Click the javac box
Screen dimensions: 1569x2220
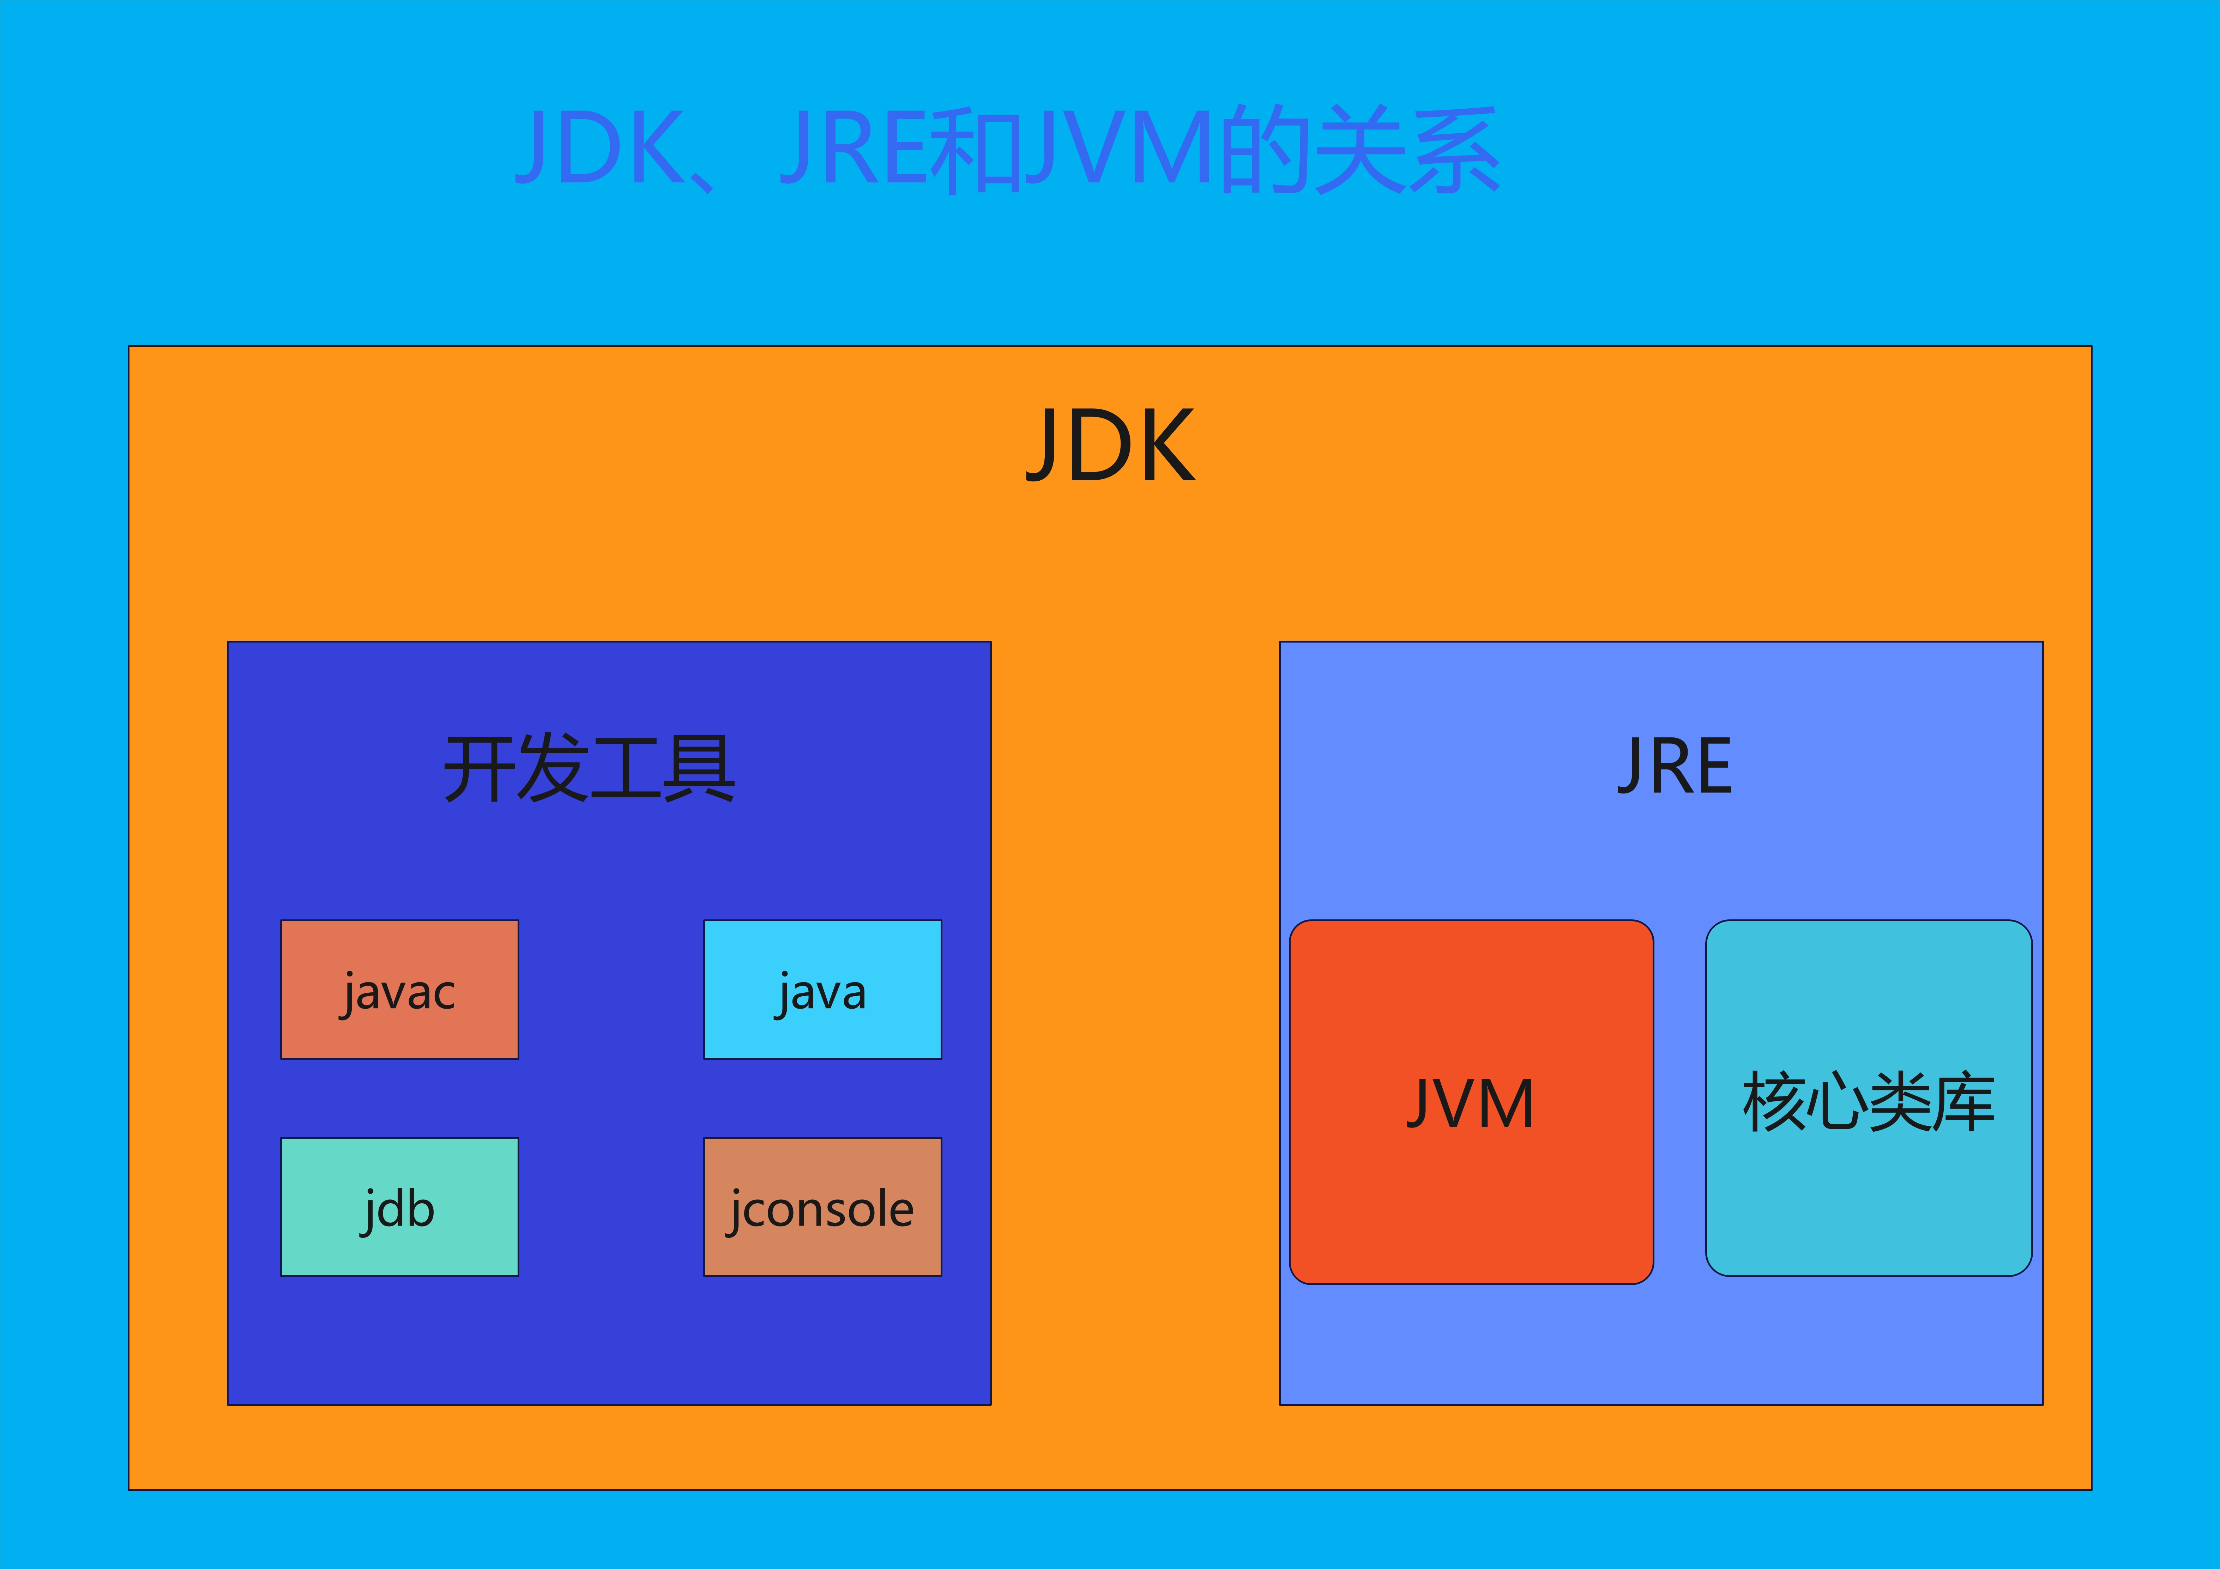coord(399,989)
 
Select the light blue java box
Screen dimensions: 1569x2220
coord(822,989)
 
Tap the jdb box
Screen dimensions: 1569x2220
coord(399,1206)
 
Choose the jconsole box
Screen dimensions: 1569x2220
coord(822,1206)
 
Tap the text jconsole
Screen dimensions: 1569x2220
coord(822,1209)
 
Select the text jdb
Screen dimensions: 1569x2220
coord(399,1209)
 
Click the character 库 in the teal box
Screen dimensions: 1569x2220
coord(1963,1102)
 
